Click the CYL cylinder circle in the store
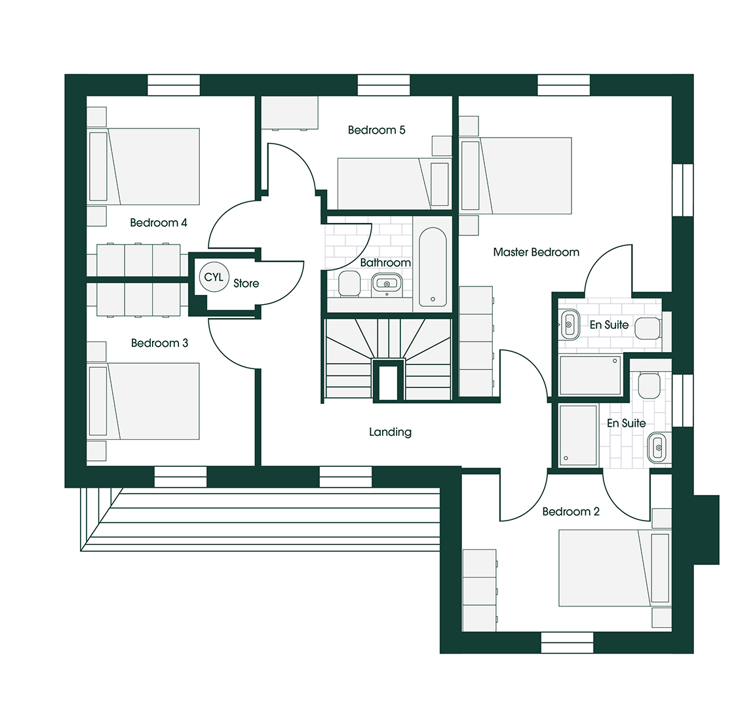pos(214,277)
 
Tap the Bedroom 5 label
pos(376,130)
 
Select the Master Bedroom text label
pos(536,252)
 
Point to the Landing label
pos(390,432)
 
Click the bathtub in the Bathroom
pos(433,267)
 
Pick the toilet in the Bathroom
pos(348,285)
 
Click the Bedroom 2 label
pos(570,511)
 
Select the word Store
pos(246,283)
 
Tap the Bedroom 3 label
pos(159,343)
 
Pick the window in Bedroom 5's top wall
pos(383,85)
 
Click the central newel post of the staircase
pos(388,380)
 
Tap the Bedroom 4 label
pos(159,223)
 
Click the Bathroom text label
pos(385,263)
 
